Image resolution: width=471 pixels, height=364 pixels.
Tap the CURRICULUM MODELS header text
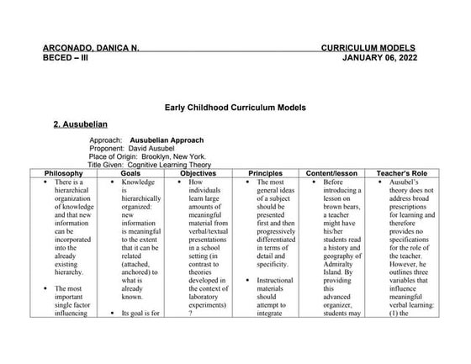[375, 49]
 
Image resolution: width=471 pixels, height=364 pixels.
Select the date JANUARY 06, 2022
[387, 60]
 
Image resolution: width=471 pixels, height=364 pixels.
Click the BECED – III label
[65, 60]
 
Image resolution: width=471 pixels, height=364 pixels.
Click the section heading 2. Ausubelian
[82, 124]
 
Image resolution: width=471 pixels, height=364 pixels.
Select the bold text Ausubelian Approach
[167, 140]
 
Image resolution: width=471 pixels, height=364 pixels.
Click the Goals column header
[135, 173]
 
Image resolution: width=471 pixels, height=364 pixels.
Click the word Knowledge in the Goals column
[138, 182]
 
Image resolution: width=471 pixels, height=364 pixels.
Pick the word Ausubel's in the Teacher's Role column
[407, 182]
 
